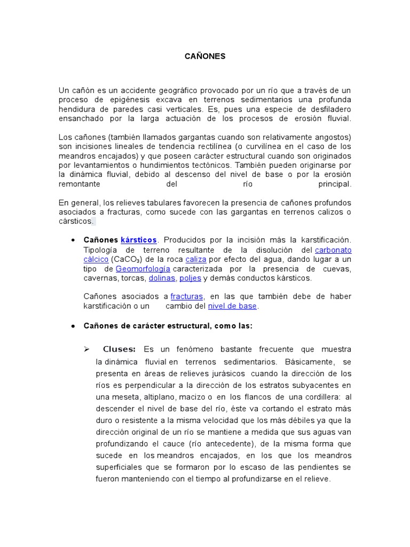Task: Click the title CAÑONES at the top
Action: point(205,56)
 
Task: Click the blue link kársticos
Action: point(139,240)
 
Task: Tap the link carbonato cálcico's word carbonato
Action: point(333,249)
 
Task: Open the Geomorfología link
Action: point(143,269)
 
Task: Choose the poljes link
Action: point(190,278)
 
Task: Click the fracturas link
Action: point(187,296)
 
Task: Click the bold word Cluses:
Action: point(119,349)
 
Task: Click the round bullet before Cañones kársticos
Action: point(72,240)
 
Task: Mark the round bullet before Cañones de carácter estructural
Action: point(72,325)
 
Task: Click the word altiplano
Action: point(154,397)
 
